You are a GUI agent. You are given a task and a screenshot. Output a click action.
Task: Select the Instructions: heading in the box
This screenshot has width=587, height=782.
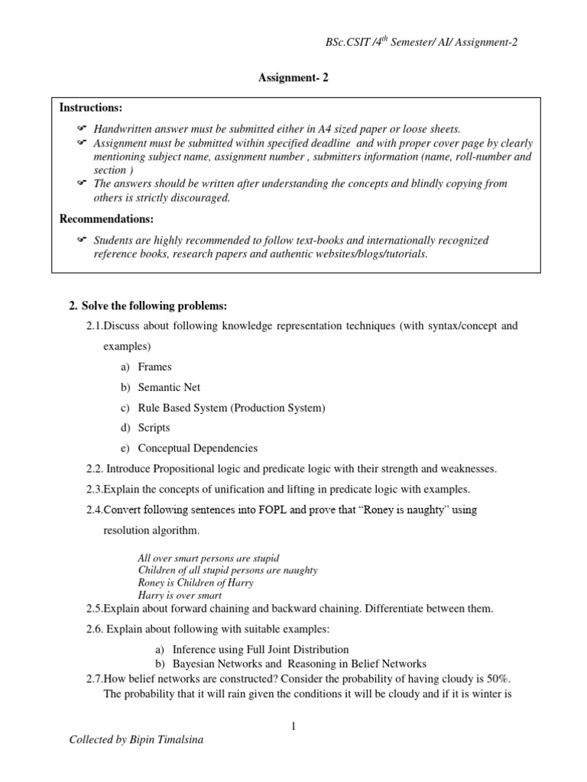point(91,108)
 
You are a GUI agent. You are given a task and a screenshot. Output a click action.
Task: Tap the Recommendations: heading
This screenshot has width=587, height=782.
point(107,219)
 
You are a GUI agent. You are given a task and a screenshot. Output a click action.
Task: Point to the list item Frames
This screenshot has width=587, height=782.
point(154,367)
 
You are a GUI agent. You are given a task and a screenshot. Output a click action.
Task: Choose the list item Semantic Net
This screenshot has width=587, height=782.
point(169,387)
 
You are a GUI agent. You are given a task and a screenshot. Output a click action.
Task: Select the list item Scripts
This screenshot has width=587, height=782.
point(154,428)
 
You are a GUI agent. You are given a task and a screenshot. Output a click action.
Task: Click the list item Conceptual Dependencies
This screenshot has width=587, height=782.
point(197,448)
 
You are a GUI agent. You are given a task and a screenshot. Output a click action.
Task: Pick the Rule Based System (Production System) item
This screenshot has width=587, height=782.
point(231,408)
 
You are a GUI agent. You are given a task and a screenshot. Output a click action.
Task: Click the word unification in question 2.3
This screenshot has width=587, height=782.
point(249,489)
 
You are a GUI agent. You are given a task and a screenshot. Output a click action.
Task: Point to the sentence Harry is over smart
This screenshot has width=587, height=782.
point(180,595)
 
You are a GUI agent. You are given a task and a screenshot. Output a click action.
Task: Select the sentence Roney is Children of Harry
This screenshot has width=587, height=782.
point(196,583)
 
